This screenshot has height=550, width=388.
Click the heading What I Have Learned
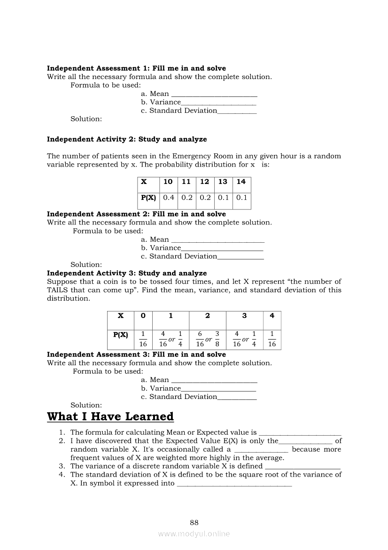[110, 417]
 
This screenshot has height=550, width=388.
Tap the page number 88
[194, 522]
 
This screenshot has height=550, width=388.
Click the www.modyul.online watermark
[194, 534]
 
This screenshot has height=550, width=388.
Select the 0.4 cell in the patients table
[169, 198]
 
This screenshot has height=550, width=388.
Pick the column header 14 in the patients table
[241, 182]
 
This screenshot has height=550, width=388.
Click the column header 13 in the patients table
[223, 182]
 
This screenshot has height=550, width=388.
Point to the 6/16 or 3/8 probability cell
[207, 339]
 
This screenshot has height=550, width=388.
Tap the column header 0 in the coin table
[143, 316]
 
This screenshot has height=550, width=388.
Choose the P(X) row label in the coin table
[121, 335]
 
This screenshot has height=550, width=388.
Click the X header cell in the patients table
[144, 182]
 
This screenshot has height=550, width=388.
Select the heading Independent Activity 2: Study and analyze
[127, 139]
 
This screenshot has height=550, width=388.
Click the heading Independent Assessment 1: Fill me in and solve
[136, 69]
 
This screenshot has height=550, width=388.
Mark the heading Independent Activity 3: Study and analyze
[127, 273]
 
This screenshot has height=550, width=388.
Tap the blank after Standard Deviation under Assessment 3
[237, 398]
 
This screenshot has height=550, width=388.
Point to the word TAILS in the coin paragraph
[59, 290]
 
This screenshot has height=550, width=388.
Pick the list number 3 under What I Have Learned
[61, 466]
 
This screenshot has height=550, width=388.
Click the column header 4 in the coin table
[272, 316]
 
